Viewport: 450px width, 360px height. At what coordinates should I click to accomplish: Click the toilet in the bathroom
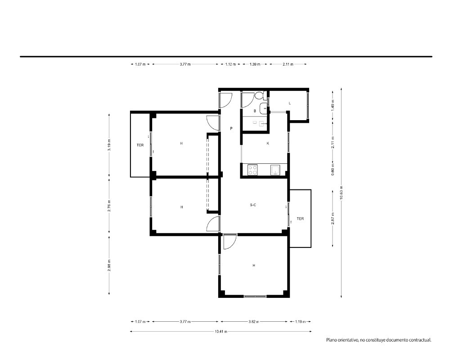coord(261,95)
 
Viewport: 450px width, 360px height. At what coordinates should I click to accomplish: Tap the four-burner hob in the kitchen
coord(252,170)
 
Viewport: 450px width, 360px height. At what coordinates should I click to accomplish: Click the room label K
coord(268,143)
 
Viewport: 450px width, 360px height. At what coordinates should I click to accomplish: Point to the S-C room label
coord(253,205)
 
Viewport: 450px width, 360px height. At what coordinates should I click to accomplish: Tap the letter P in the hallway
coord(231,129)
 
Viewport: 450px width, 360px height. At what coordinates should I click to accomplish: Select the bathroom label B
coord(255,111)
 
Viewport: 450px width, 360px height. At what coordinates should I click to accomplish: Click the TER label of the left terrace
coord(140,145)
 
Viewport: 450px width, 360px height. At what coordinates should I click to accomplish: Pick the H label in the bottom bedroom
coord(254,265)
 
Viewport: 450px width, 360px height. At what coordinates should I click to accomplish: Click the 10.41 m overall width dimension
coord(221,331)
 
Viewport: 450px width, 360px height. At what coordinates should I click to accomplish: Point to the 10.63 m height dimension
coord(341,193)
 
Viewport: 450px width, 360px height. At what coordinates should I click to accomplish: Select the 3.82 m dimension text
coord(254,322)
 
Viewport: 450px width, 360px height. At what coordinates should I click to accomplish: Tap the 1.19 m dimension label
coord(301,322)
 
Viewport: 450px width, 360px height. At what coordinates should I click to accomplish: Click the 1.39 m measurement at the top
coord(255,64)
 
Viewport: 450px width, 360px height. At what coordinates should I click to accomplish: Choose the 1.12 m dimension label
coord(230,64)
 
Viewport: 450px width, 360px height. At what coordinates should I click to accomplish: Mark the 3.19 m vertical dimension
coord(109,145)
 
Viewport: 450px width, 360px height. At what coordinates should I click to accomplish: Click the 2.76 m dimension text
coord(109,206)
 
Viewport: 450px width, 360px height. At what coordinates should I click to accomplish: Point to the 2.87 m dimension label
coord(333,218)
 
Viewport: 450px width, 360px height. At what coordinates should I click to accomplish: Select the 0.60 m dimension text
coord(333,169)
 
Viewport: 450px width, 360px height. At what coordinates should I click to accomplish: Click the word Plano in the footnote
coord(332,340)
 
